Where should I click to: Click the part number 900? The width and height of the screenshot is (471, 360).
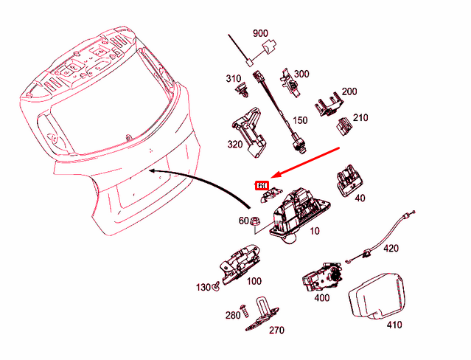[x=260, y=34]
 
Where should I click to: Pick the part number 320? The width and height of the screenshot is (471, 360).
[x=235, y=145]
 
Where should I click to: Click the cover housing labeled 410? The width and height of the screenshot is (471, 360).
[x=378, y=296]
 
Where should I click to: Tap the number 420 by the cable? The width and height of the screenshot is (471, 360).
[x=391, y=249]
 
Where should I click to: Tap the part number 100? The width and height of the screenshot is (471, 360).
[x=254, y=281]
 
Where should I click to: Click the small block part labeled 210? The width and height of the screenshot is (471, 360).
[x=344, y=126]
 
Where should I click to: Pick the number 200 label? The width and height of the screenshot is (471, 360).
[x=349, y=91]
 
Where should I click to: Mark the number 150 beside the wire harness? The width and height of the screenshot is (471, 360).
[x=301, y=120]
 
